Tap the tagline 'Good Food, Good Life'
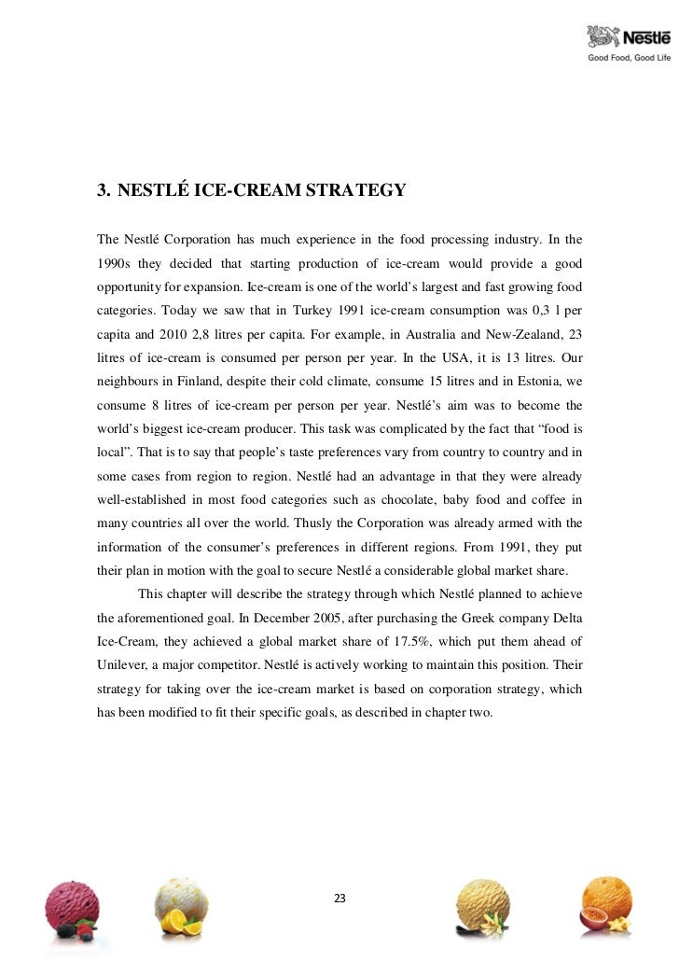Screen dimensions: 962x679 click(x=628, y=58)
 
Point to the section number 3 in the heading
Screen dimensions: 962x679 click(x=103, y=191)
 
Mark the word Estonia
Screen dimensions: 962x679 click(x=533, y=379)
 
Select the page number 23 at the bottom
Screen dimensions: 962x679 click(x=339, y=899)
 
